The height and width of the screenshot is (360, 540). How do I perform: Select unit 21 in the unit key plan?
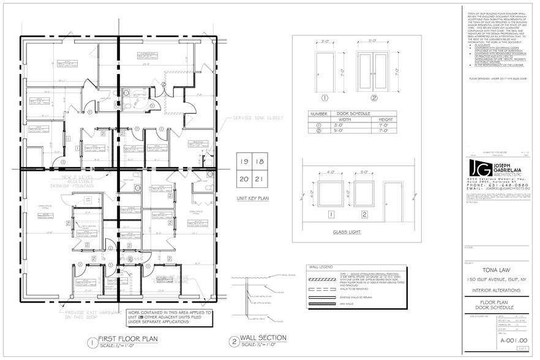coord(258,179)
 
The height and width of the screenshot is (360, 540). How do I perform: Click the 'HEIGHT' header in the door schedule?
coord(386,120)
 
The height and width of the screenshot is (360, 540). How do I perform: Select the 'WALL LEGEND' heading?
coord(321,268)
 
